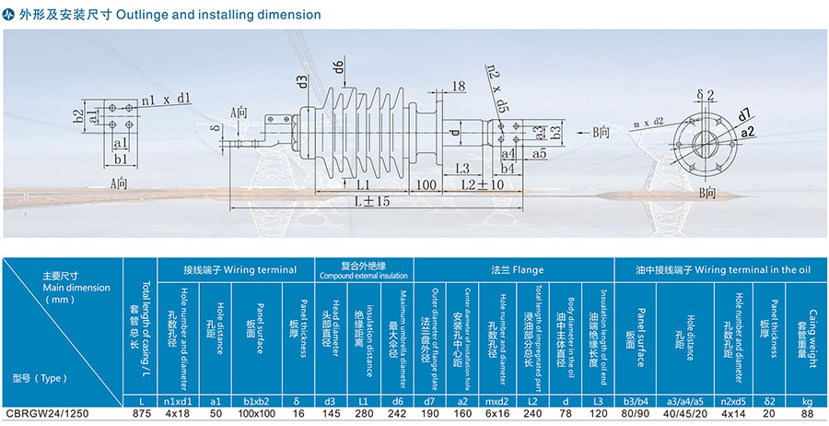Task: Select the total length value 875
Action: (140, 414)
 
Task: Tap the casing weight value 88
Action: (806, 414)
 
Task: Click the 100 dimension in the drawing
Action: (425, 184)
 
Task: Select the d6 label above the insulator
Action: (338, 66)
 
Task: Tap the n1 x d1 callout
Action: (166, 98)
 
